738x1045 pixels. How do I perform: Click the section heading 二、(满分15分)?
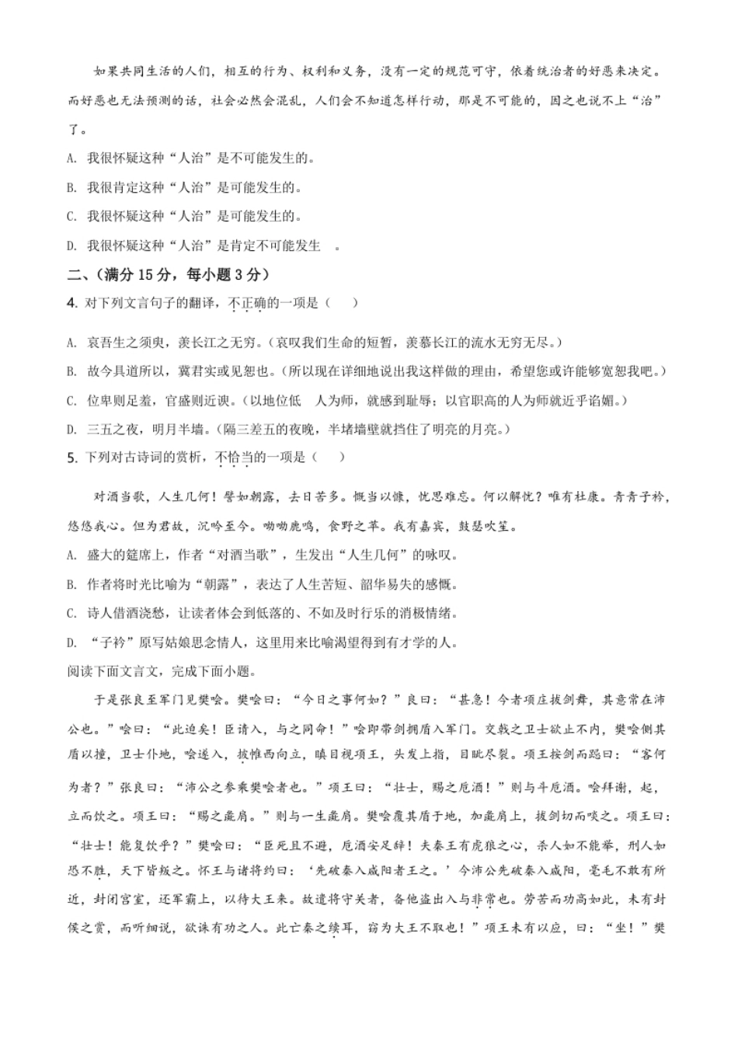click(x=169, y=274)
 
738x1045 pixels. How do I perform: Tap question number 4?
click(x=72, y=304)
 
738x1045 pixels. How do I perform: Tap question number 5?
click(x=72, y=458)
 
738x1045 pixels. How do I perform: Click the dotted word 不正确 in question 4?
click(x=247, y=304)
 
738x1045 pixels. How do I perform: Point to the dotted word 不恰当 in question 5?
click(x=234, y=458)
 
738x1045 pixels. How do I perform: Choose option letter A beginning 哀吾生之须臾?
click(x=71, y=343)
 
